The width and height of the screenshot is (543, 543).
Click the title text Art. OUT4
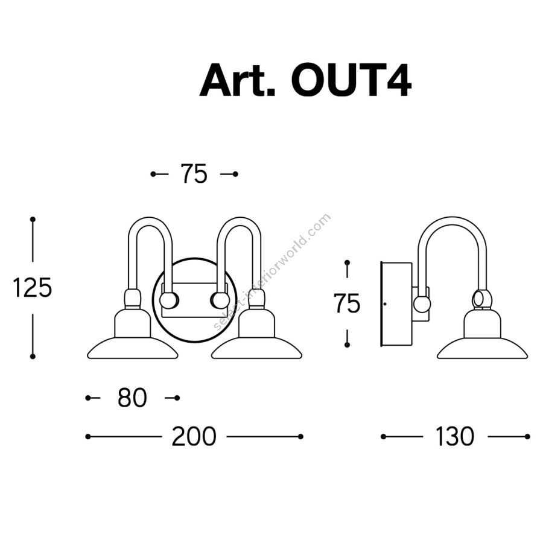[305, 80]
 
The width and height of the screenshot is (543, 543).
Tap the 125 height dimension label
[33, 288]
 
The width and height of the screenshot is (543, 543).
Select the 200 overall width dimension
[194, 436]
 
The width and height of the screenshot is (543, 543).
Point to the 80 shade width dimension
[133, 398]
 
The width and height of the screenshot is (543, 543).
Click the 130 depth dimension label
[455, 436]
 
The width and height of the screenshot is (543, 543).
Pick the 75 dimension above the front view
[194, 174]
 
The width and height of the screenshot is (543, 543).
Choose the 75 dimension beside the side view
[347, 303]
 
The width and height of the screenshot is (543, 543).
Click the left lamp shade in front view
[133, 348]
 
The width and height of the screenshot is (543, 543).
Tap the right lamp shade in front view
[256, 348]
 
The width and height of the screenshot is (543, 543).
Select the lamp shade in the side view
[481, 349]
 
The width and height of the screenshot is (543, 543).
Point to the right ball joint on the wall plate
[219, 299]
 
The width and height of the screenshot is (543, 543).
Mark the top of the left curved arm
[151, 220]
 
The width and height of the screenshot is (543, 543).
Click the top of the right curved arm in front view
[240, 220]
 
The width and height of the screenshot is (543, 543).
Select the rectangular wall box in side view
[396, 303]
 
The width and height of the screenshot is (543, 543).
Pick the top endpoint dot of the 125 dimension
[33, 220]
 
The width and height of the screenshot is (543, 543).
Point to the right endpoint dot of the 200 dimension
[300, 436]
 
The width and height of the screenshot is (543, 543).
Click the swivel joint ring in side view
[481, 298]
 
